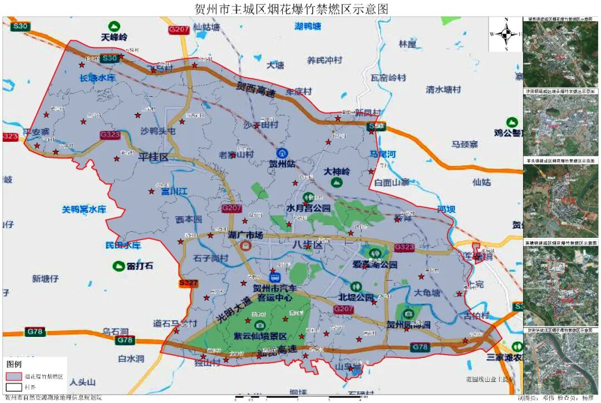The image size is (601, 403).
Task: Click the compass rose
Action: [x=506, y=34]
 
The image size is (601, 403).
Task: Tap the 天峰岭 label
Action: [x=115, y=37]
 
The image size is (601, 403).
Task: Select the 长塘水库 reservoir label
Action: [x=97, y=78]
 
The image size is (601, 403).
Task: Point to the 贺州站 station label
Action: [x=282, y=163]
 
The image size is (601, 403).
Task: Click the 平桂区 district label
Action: [x=153, y=157]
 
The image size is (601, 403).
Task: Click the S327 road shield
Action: [x=189, y=283]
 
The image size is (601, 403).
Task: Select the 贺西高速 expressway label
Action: [x=256, y=90]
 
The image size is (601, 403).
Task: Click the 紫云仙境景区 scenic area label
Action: [x=260, y=336]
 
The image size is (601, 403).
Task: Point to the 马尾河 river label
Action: [x=383, y=153]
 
